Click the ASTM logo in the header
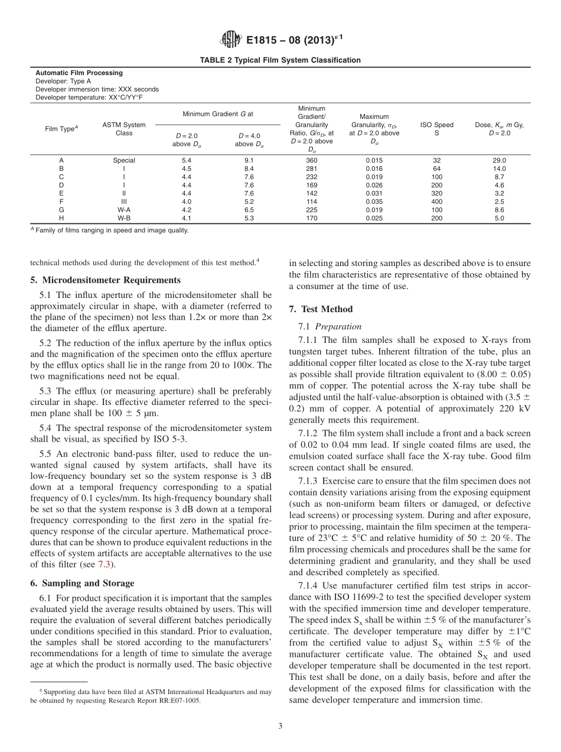230,40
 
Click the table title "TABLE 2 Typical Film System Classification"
280,60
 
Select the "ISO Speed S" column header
436,129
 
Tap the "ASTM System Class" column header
124,129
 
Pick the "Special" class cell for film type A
124,160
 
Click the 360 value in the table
311,160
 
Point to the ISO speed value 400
436,202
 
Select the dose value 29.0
499,160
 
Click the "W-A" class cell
124,210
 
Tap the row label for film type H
61,218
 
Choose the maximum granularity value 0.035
374,202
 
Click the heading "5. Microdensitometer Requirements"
105,280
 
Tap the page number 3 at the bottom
280,726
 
